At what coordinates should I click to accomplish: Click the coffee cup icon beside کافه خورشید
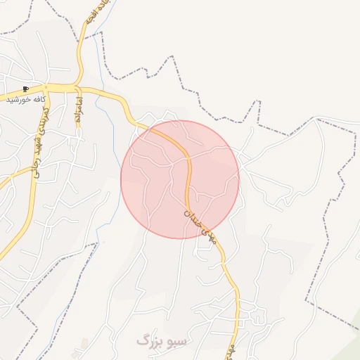(26, 89)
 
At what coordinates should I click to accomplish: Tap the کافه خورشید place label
(26, 100)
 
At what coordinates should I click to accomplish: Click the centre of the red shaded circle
(180, 179)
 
